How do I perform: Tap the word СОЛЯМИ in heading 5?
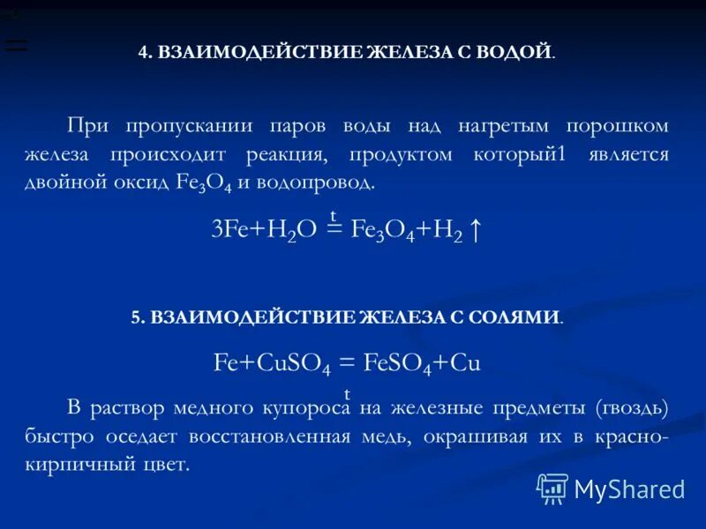pyautogui.click(x=517, y=317)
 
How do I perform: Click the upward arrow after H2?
pyautogui.click(x=475, y=231)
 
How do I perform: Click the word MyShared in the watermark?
pyautogui.click(x=629, y=489)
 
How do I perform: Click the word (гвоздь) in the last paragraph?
pyautogui.click(x=631, y=408)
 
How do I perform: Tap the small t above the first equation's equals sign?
pyautogui.click(x=334, y=215)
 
